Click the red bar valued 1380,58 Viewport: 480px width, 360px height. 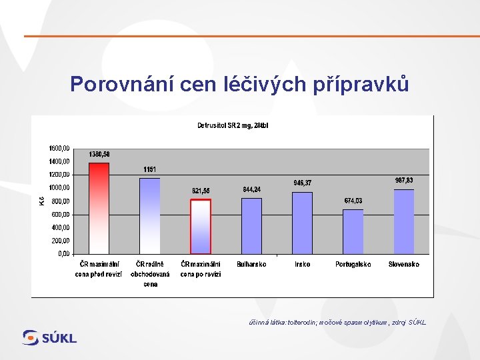click(99, 208)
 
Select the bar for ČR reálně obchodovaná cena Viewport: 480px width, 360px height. click(150, 215)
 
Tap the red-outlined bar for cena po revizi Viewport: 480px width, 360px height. click(201, 227)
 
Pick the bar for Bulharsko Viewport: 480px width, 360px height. click(251, 225)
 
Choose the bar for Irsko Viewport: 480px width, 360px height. click(302, 223)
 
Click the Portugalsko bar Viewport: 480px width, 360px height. click(353, 231)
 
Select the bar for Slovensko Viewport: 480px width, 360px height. click(404, 221)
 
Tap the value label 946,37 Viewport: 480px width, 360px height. click(302, 183)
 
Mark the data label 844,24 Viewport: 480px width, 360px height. click(251, 189)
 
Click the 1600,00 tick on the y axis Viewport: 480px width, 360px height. click(59, 148)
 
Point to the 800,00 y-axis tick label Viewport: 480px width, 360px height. click(60, 201)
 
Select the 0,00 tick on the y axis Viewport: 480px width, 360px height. click(63, 254)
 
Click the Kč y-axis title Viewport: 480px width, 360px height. click(41, 199)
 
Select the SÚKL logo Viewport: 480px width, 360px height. click(49, 337)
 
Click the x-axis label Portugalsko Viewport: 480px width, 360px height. click(353, 265)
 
